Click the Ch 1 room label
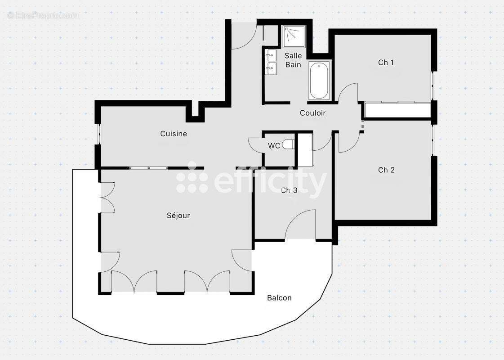[386, 63]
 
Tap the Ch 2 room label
[386, 170]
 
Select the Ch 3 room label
[289, 190]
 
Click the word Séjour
[178, 216]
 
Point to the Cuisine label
[174, 134]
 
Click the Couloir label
[312, 113]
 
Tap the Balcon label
[279, 298]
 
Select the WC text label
[274, 146]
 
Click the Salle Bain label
[293, 60]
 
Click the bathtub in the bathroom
[319, 81]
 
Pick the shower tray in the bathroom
[294, 36]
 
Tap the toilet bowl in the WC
[289, 144]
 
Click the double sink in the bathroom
[271, 63]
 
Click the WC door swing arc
[254, 145]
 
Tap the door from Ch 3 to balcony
[300, 225]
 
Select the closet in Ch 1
[397, 110]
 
